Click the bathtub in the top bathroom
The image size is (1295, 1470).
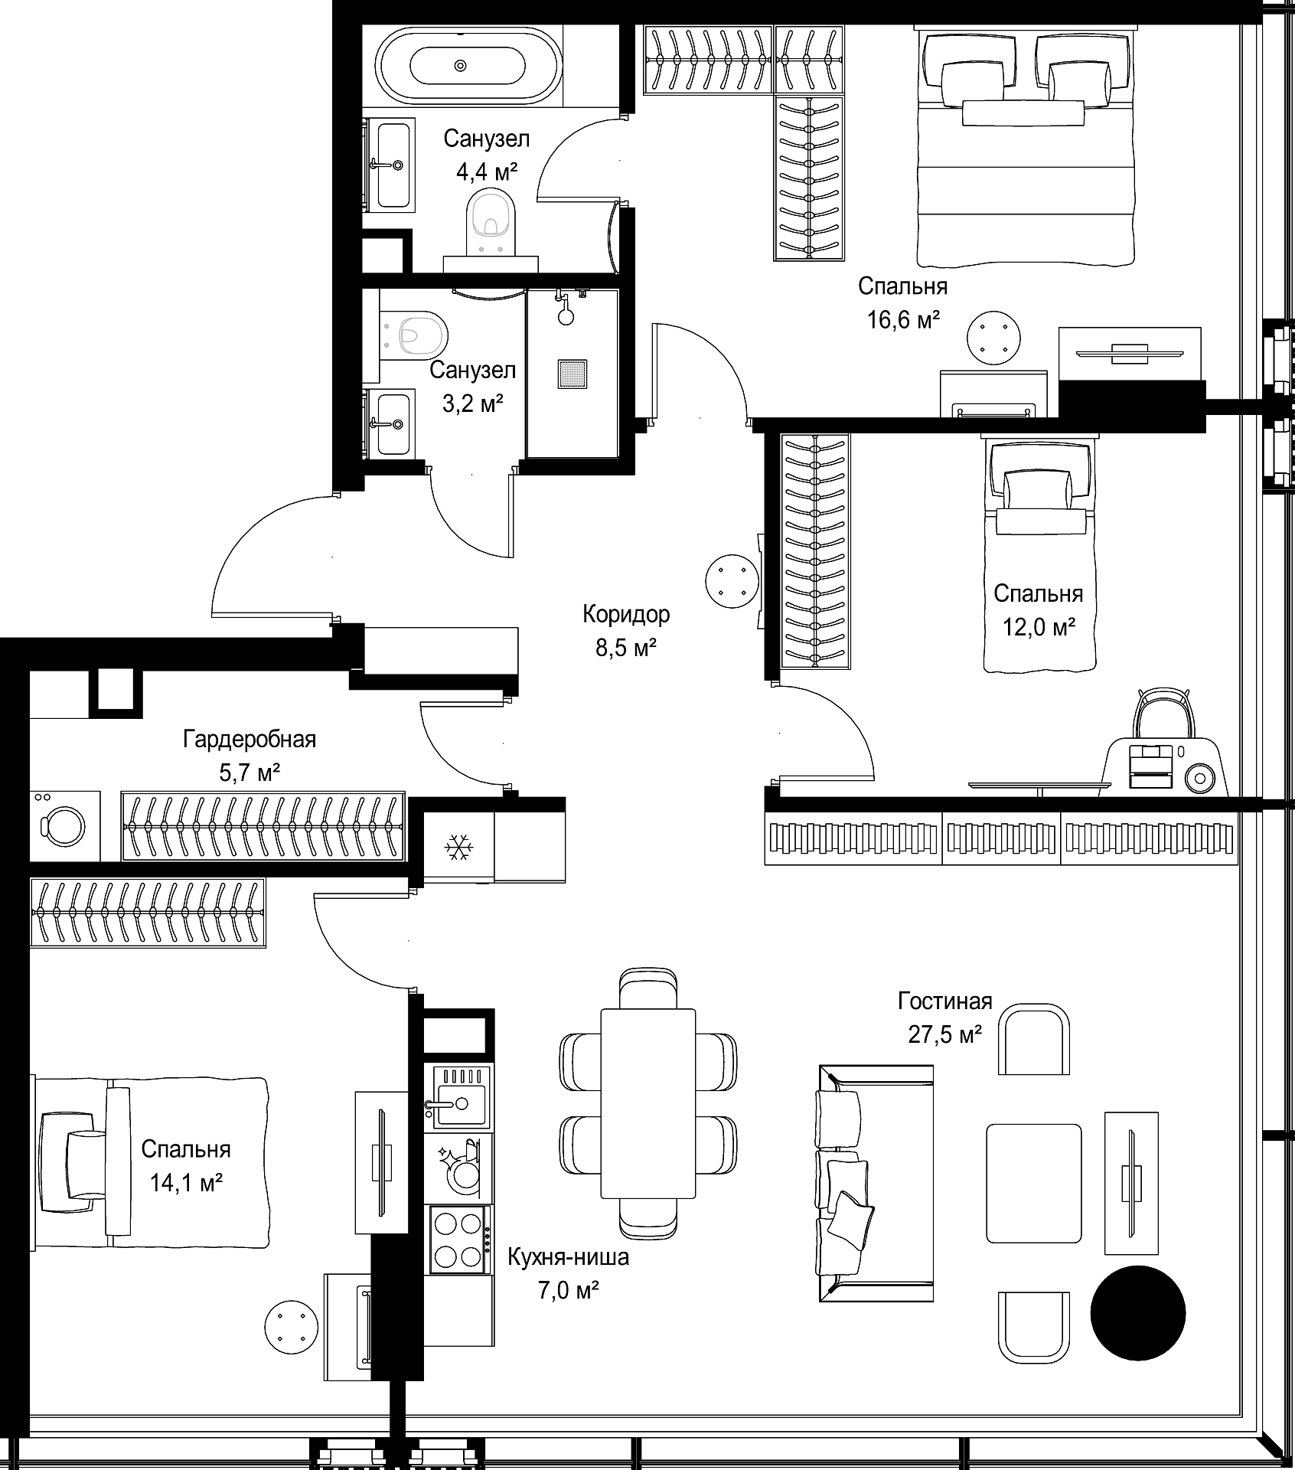(468, 65)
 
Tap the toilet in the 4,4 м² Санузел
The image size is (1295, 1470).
(490, 222)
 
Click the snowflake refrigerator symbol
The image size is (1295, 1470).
(459, 848)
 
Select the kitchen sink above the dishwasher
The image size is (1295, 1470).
(458, 1097)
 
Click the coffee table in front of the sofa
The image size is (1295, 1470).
(1033, 1183)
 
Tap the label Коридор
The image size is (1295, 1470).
(626, 614)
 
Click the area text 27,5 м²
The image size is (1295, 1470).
(945, 1035)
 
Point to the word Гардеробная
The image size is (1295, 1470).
(250, 740)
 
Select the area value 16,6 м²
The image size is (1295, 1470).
(903, 320)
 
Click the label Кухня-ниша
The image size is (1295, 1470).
(569, 1257)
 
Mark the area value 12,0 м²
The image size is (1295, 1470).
(1039, 628)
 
